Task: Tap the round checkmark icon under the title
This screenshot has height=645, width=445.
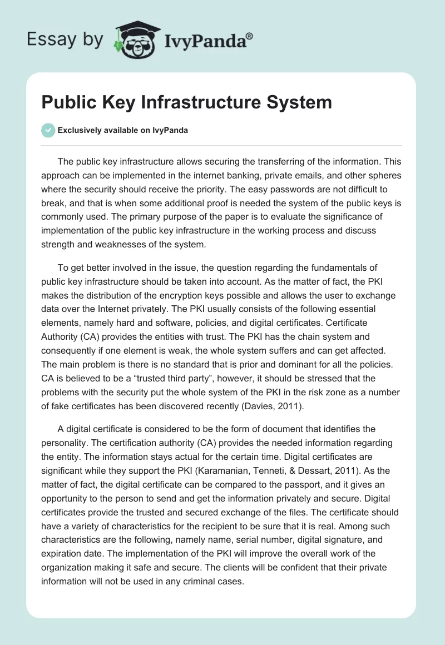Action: coord(48,130)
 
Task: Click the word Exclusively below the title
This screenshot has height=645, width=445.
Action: coord(80,131)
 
